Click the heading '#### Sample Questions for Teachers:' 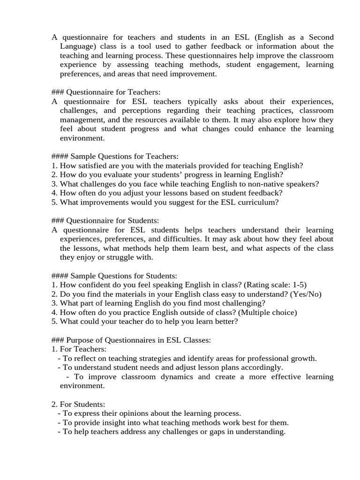click(115, 156)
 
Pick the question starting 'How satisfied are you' click(177, 165)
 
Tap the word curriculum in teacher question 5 click(256, 202)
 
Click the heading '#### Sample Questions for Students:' click(114, 276)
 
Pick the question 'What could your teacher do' click(145, 322)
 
